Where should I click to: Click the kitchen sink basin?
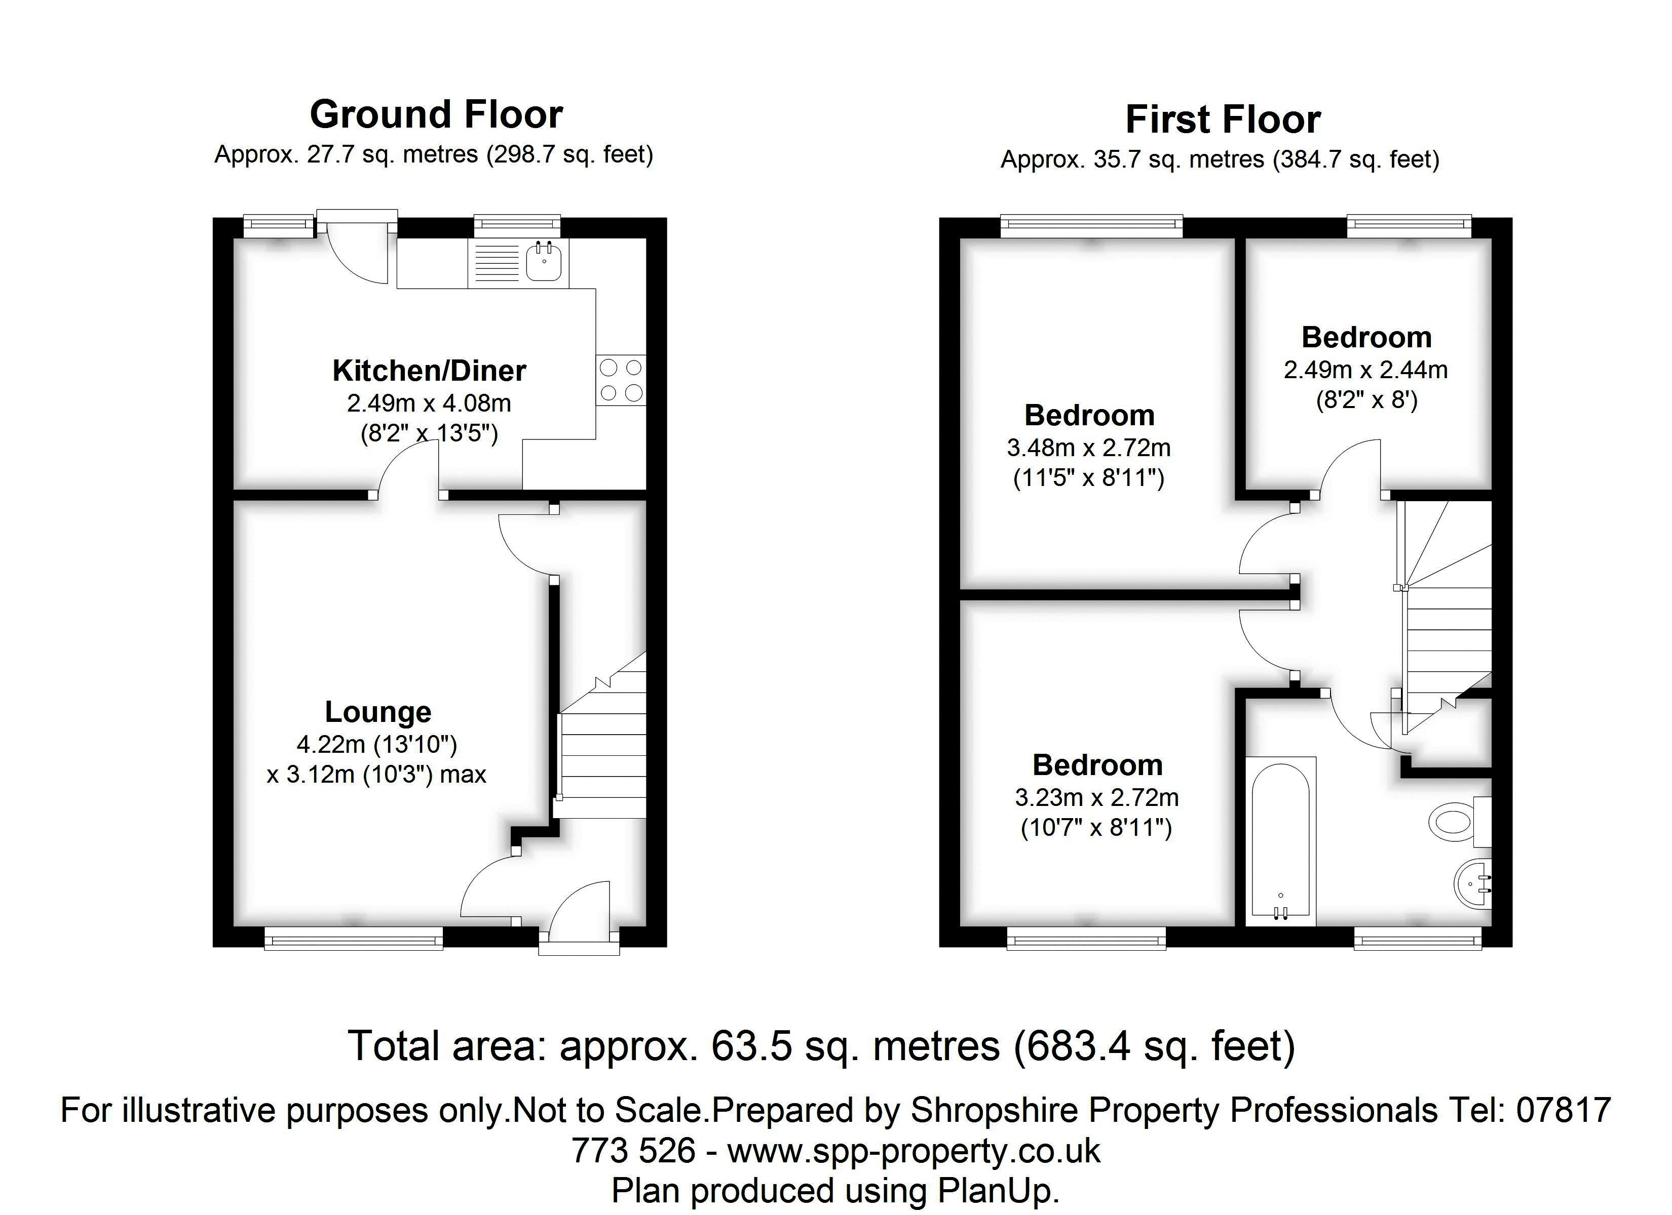coord(545,262)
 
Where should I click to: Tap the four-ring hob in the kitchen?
coord(621,380)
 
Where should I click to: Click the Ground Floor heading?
coord(436,115)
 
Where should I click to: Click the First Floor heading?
coord(1222,119)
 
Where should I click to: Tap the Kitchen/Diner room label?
coord(429,371)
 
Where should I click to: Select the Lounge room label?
coord(378,712)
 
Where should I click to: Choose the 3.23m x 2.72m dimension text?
coord(1096,797)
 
